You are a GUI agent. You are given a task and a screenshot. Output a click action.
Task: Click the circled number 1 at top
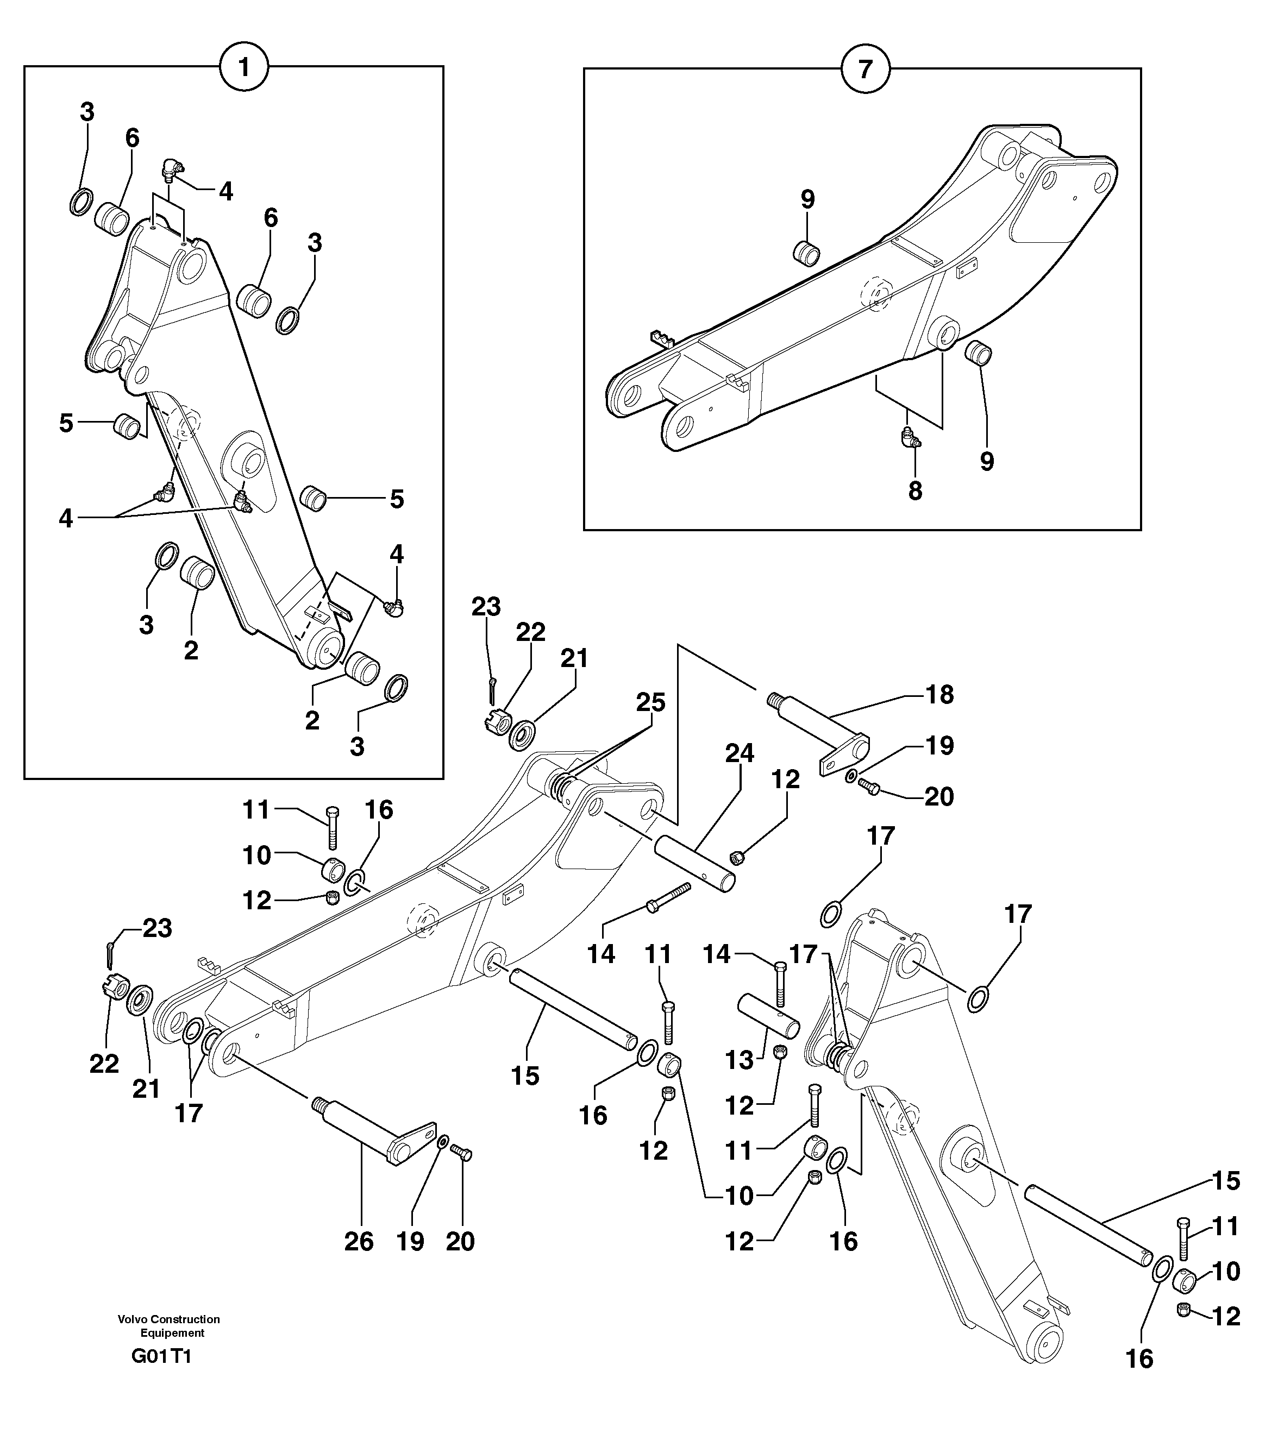243,68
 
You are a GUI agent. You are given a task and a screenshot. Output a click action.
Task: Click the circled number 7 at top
865,69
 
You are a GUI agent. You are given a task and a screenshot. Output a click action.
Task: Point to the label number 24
740,754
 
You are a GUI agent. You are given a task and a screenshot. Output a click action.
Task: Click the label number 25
650,703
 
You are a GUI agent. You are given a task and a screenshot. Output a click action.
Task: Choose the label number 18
939,695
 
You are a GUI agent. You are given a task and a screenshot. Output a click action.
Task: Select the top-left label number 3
86,112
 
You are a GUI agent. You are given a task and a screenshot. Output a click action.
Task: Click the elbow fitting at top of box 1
171,168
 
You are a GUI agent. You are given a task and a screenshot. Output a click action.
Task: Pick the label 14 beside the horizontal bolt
601,954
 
